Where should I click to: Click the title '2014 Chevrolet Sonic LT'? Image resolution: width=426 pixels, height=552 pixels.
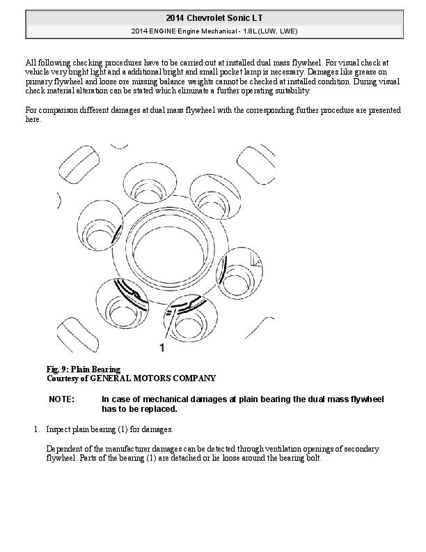coord(213,17)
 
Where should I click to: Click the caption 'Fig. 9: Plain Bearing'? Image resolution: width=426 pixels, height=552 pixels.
coord(84,369)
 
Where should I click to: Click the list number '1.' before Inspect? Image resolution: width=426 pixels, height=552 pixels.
coord(37,429)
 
